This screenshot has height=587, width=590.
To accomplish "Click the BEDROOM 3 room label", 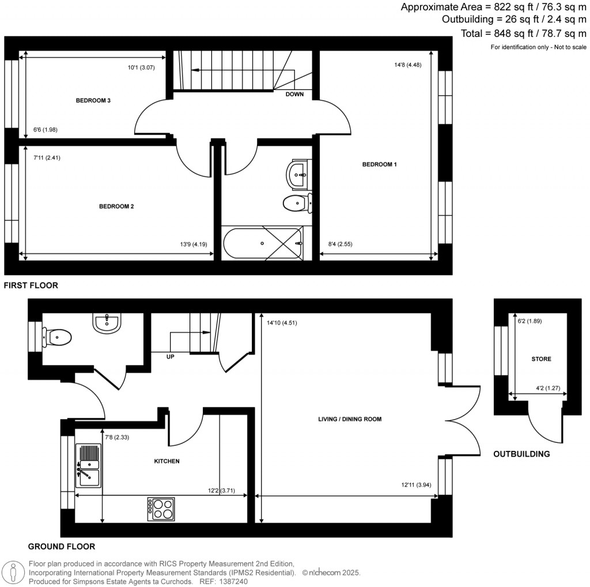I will [93, 101].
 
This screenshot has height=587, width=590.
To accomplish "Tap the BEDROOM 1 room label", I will [379, 165].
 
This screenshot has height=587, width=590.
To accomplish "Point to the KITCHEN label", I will [167, 461].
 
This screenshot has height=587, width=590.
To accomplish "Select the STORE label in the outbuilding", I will [541, 359].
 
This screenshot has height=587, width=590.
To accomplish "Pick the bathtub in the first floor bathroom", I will [262, 243].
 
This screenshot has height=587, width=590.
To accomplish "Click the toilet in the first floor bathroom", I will [296, 202].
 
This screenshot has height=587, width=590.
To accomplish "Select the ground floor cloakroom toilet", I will [56, 336].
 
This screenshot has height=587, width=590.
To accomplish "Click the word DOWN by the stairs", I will [294, 94].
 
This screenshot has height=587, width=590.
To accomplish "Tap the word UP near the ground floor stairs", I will [170, 356].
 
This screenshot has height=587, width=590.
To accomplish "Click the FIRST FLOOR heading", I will [31, 285].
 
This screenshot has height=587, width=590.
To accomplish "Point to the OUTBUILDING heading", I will [521, 454].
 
